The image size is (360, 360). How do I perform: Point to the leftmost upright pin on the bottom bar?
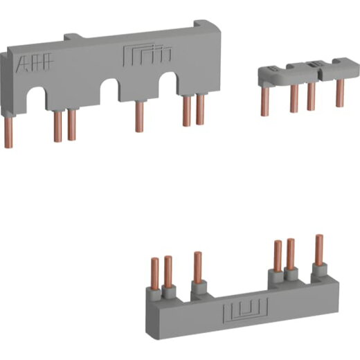(x=155, y=272)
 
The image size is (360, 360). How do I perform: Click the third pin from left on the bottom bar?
(x=197, y=268)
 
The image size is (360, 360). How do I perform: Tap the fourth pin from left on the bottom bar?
(x=278, y=257)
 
